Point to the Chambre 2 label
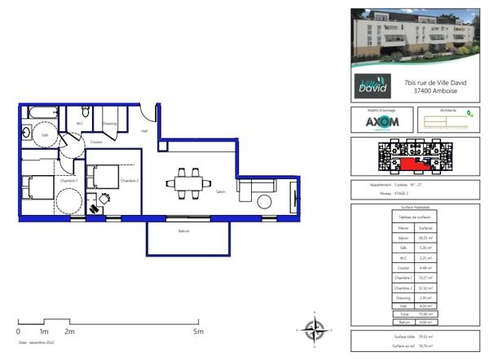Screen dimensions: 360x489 (129, 180)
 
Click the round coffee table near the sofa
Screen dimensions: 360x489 (264, 202)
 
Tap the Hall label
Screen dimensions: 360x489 (144, 131)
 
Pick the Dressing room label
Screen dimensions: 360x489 (110, 124)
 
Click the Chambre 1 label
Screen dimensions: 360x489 (68, 180)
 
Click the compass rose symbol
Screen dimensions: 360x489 (314, 330)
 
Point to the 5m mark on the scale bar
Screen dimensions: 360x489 (198, 331)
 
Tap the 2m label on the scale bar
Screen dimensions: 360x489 (70, 331)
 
